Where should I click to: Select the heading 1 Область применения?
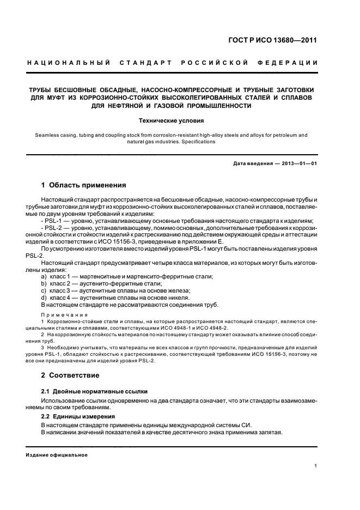click(x=84, y=185)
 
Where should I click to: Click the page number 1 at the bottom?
click(x=316, y=466)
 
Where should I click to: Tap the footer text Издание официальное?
click(x=57, y=454)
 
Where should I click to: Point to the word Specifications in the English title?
click(x=200, y=142)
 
